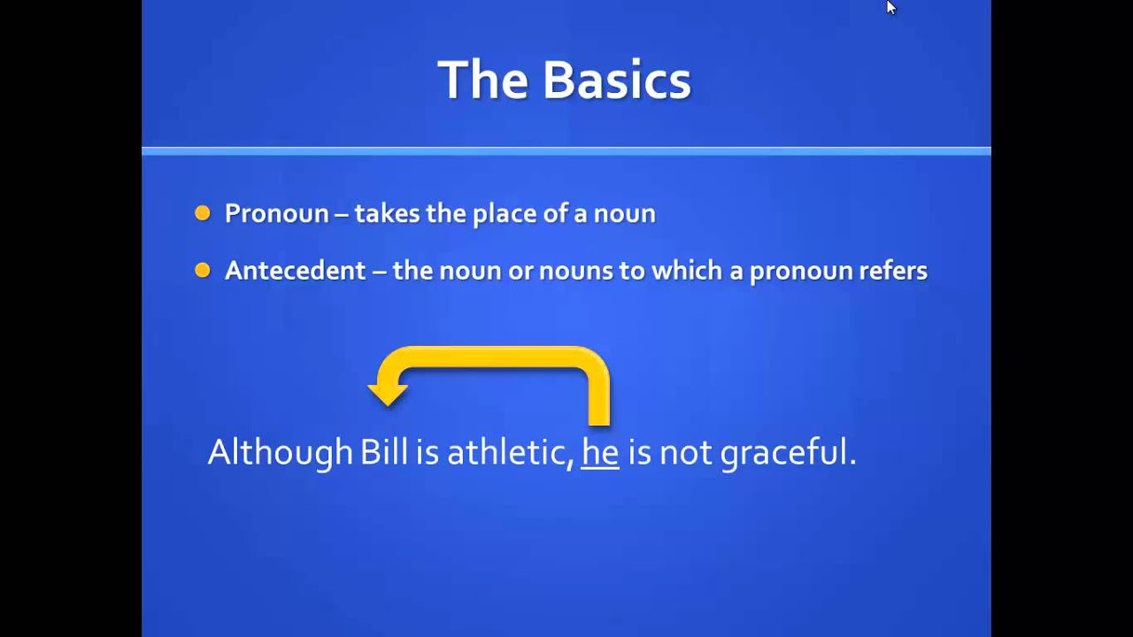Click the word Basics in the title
616,80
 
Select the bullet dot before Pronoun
203,213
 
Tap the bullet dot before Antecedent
203,271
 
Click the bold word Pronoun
276,214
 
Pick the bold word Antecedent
295,271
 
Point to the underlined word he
599,453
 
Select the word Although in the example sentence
280,453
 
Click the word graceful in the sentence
787,453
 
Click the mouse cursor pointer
890,7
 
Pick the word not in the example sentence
685,453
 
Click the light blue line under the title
566,151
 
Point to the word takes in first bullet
383,214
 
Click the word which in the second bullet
686,271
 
